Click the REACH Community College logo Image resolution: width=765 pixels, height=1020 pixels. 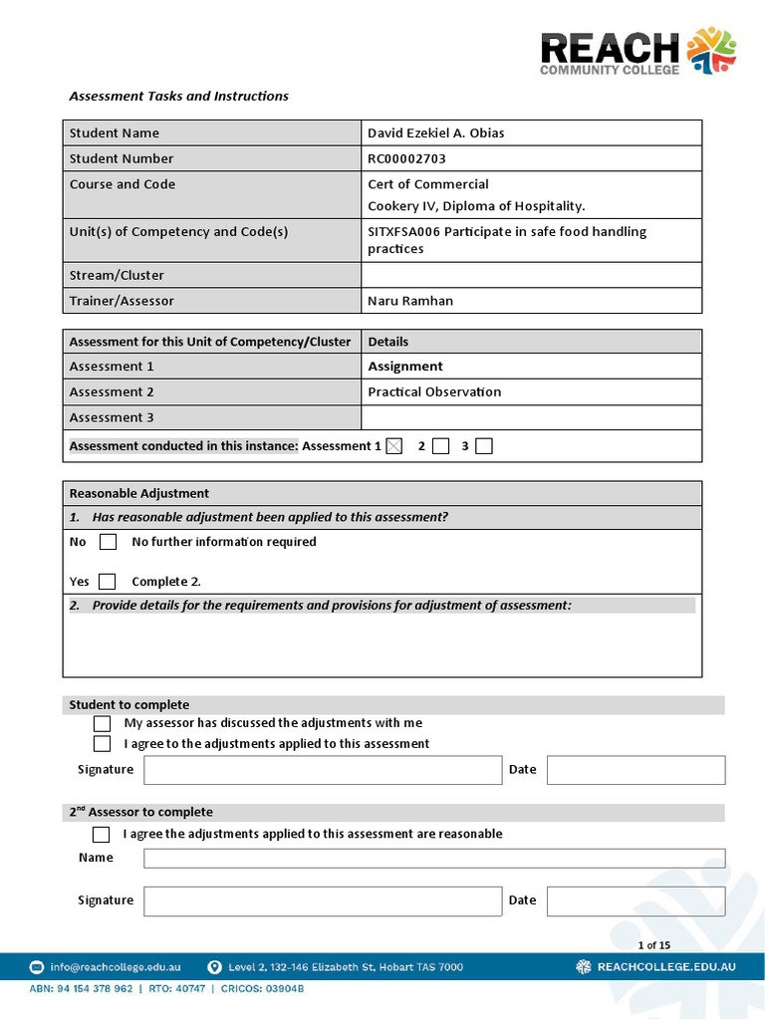click(637, 52)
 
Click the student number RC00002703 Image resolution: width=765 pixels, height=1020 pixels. click(406, 158)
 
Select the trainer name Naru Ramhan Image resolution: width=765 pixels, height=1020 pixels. click(409, 301)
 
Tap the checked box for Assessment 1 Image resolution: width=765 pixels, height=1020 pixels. click(394, 446)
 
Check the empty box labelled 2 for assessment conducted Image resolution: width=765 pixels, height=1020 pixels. click(441, 446)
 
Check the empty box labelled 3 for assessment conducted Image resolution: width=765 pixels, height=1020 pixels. click(484, 446)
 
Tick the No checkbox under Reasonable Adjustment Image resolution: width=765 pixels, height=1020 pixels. click(109, 542)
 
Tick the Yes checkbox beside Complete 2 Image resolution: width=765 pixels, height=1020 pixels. click(108, 582)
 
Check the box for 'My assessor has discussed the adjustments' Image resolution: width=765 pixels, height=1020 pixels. click(102, 723)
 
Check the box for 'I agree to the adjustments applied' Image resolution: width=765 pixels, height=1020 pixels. click(102, 744)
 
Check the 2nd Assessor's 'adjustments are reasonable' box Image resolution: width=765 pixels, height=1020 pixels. click(102, 834)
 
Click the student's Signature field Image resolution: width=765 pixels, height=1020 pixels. click(323, 770)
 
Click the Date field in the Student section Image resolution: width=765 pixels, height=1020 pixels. click(636, 770)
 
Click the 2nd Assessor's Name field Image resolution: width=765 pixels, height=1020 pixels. click(434, 858)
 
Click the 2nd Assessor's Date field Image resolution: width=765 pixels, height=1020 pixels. click(636, 901)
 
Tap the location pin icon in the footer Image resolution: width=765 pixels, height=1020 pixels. click(214, 967)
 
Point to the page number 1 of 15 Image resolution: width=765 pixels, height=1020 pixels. click(653, 945)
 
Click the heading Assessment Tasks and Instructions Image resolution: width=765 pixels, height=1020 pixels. click(178, 97)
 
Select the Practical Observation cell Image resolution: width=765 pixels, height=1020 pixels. click(434, 391)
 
